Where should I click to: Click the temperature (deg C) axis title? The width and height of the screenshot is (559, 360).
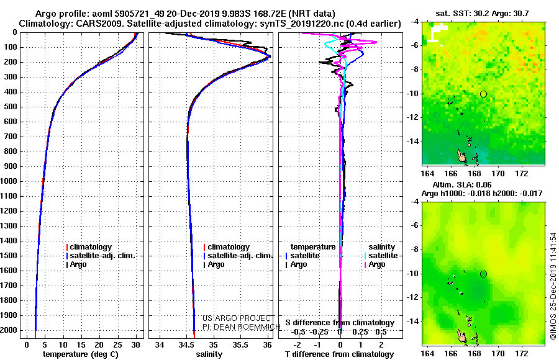pos(80,354)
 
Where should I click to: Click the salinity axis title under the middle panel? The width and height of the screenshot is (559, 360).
pos(209,354)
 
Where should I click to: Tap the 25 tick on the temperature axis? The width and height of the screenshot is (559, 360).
pos(117,344)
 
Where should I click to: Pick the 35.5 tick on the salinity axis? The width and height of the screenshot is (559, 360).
pos(240,344)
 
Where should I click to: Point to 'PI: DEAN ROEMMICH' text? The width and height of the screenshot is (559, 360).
pos(242,326)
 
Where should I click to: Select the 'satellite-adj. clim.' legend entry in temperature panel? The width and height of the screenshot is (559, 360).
pos(101,256)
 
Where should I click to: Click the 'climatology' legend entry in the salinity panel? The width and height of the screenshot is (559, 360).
pos(227,247)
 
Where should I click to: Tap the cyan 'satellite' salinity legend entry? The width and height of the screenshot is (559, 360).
pos(381,256)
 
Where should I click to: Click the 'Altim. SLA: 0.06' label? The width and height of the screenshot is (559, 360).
pos(461,184)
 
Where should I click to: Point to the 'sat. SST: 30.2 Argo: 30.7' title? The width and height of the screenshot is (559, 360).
pos(482,14)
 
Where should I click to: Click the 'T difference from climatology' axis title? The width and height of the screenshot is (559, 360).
pos(339,354)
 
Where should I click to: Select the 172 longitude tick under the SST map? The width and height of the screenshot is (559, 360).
pos(522,174)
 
